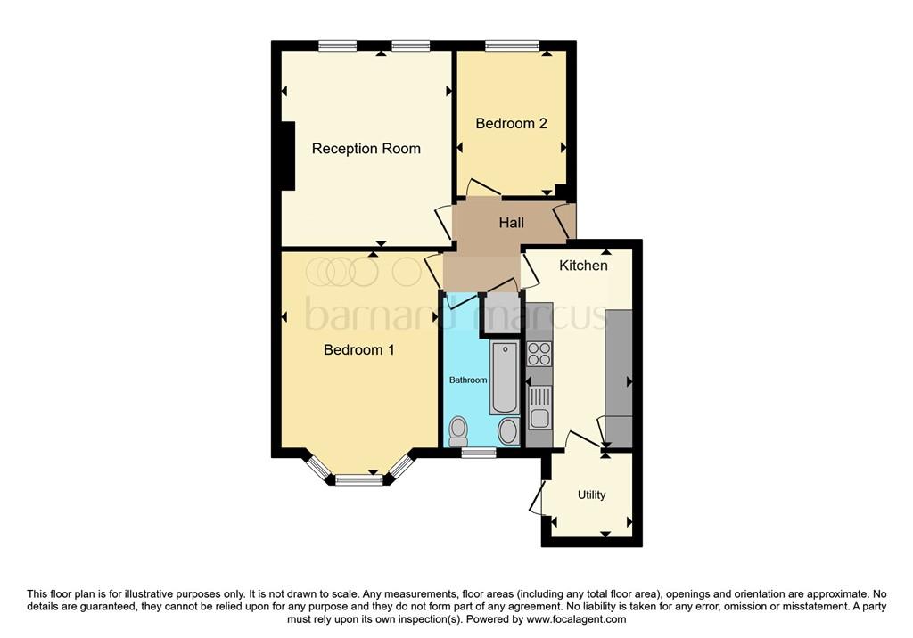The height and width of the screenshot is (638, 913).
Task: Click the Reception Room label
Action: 366,149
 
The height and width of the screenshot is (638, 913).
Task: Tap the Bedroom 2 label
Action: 511,123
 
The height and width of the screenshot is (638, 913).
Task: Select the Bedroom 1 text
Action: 358,350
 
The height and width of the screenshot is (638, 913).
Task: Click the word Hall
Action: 511,223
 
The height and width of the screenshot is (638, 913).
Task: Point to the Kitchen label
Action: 583,266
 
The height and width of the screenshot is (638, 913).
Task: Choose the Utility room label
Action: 591,495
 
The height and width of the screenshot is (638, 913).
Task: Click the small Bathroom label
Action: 467,380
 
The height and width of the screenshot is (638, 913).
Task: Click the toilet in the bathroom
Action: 458,429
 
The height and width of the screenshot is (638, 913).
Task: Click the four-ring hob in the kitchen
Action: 539,354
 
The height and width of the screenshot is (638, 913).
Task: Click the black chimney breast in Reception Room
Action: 288,155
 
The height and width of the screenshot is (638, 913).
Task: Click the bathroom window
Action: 479,453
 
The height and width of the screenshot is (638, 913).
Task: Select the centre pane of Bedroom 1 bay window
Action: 359,480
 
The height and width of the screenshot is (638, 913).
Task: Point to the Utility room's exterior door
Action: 537,499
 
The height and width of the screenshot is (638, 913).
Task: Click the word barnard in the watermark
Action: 384,315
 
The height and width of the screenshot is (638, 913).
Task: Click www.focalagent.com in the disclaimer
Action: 576,619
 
